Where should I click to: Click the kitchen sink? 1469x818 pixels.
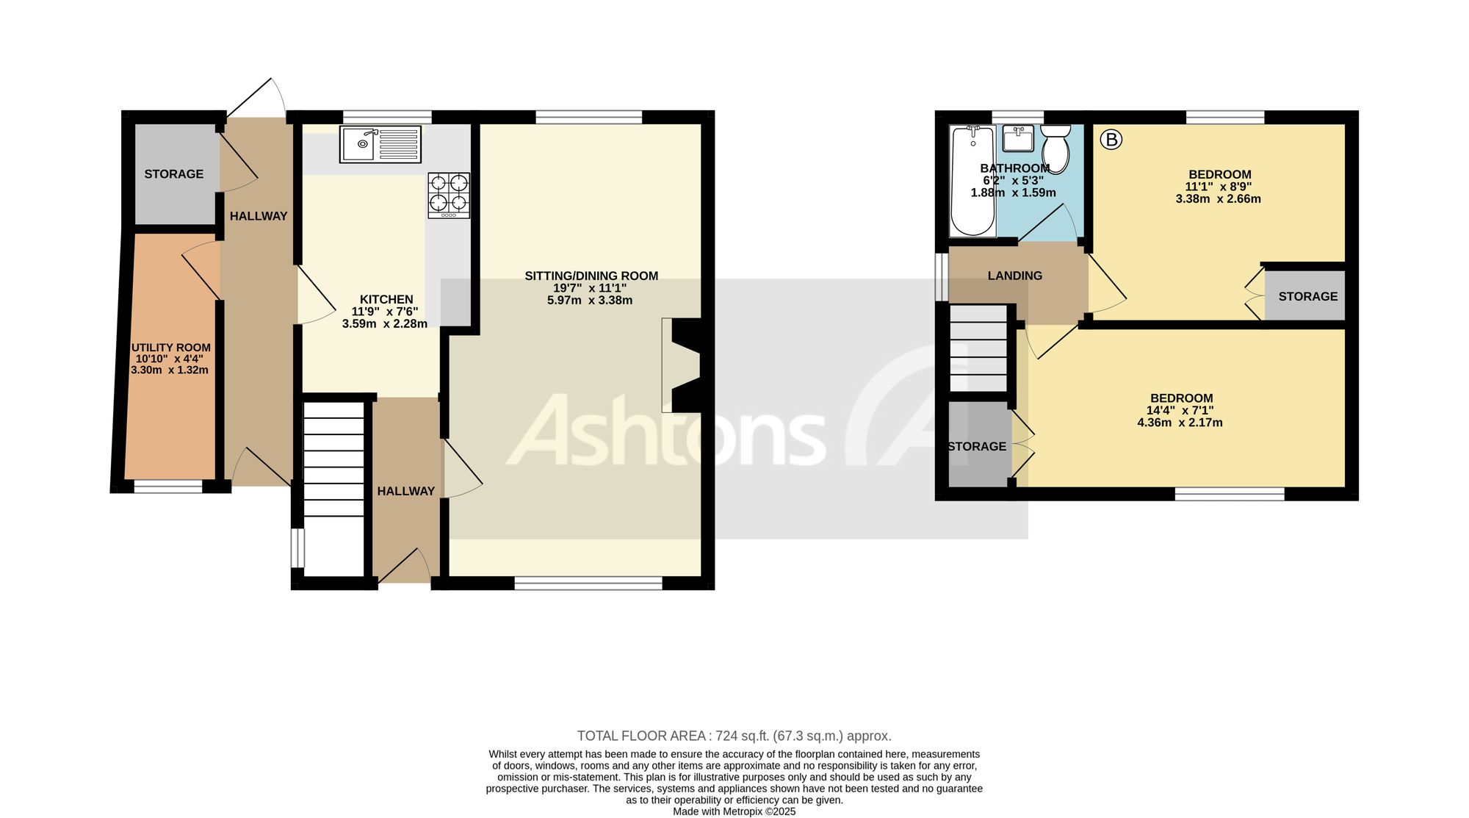click(380, 144)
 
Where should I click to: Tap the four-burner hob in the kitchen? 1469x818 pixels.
click(449, 195)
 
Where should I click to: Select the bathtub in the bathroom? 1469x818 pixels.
click(972, 181)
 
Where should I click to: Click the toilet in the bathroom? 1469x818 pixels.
click(1055, 147)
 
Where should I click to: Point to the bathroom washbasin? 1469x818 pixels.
click(1018, 137)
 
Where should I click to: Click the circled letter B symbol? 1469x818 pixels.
click(1111, 139)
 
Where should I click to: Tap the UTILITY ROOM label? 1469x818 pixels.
click(171, 348)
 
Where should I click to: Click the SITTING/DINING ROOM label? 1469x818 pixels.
click(591, 276)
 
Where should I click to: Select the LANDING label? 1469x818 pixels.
click(1015, 276)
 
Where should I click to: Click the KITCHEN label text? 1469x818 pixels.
click(386, 299)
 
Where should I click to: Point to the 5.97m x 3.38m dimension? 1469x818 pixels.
click(590, 300)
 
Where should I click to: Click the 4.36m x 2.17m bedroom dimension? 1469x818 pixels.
click(1180, 423)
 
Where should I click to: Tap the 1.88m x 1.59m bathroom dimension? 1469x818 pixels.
click(1014, 193)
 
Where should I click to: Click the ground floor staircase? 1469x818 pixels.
click(334, 488)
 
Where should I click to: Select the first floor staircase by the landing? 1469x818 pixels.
click(978, 348)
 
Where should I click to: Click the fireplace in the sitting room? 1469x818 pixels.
click(681, 365)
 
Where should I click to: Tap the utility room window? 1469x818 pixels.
click(168, 487)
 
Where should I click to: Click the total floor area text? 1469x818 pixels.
click(734, 736)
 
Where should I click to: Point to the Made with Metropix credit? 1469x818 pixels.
click(734, 812)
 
